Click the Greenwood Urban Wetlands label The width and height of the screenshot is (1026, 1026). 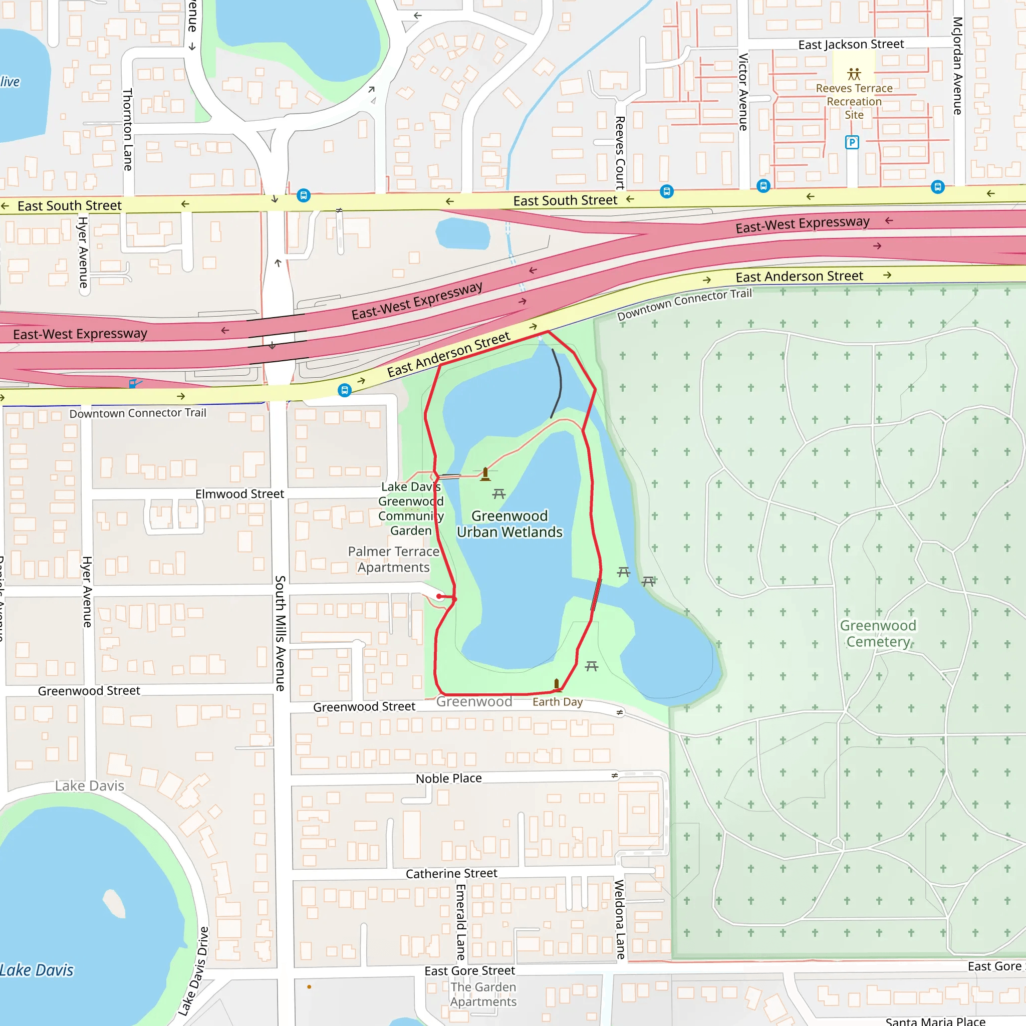point(509,524)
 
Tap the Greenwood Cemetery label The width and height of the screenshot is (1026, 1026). point(878,634)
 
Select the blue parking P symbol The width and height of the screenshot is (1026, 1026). point(852,142)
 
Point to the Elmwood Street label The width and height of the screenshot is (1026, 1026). point(239,494)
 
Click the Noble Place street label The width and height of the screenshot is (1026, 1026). point(449,779)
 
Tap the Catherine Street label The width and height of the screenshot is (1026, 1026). point(451,874)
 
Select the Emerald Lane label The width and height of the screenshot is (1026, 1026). point(460,922)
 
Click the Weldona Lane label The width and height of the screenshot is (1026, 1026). point(620,919)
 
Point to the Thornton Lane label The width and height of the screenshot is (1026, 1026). point(128,130)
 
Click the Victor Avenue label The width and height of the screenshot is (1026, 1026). point(743,91)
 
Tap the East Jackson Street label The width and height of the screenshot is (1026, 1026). point(851,45)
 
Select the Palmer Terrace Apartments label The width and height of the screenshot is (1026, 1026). point(393,559)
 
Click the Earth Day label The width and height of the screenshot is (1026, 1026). point(558,702)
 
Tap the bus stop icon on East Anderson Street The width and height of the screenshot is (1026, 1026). point(345,390)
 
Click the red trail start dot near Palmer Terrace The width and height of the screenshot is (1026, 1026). point(440,596)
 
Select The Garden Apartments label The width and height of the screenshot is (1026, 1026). point(483,994)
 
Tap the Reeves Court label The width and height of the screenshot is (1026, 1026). point(620,152)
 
